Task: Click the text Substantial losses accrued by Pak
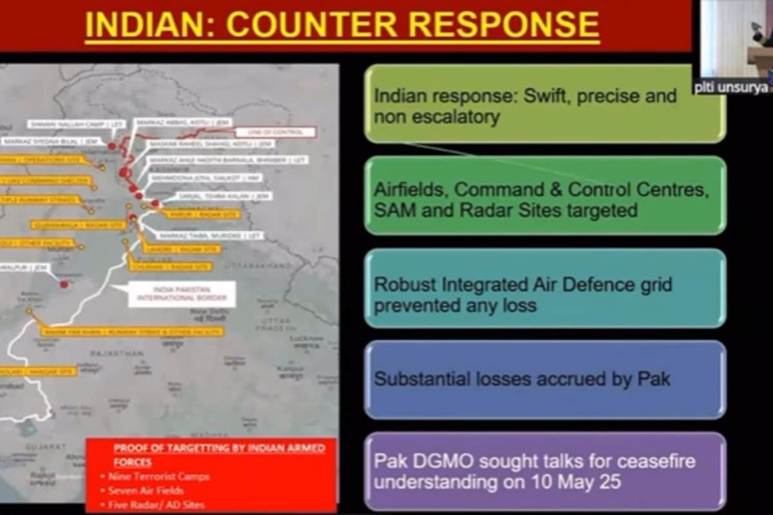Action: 522,379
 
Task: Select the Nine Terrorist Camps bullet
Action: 158,476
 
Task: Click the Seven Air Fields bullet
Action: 146,491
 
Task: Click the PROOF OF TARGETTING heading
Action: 219,448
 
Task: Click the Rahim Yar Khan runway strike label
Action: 133,332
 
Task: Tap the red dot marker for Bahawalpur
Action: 64,284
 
